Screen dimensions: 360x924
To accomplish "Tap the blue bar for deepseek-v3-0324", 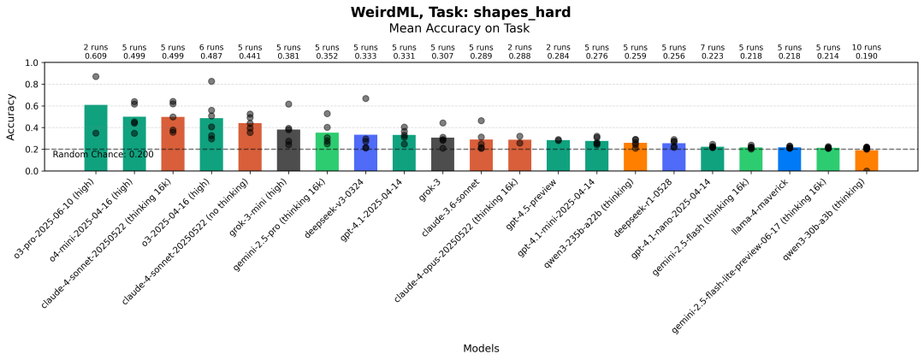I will click(x=365, y=153).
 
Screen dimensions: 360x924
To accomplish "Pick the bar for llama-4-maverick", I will click(x=789, y=159).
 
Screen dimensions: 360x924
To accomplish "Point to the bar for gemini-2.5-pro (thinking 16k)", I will click(x=327, y=152).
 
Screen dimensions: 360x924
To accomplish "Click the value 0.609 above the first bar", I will click(x=96, y=56).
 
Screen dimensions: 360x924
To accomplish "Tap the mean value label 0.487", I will click(x=211, y=56).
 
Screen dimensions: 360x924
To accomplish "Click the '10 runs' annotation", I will click(x=866, y=47).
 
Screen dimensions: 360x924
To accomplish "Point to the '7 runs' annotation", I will click(x=712, y=47).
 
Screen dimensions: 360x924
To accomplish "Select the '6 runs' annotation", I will click(x=211, y=47).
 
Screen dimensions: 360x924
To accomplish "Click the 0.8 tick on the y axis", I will click(x=32, y=85).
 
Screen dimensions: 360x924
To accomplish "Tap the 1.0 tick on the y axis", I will click(x=32, y=62).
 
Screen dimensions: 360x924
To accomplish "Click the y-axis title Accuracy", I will click(x=11, y=117).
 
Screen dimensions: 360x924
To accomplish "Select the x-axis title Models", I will click(x=481, y=348).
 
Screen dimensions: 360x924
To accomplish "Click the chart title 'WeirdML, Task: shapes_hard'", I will click(x=460, y=12).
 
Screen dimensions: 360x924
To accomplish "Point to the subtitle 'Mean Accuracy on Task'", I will click(x=460, y=28).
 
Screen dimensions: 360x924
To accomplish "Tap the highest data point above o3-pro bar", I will click(x=96, y=77).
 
